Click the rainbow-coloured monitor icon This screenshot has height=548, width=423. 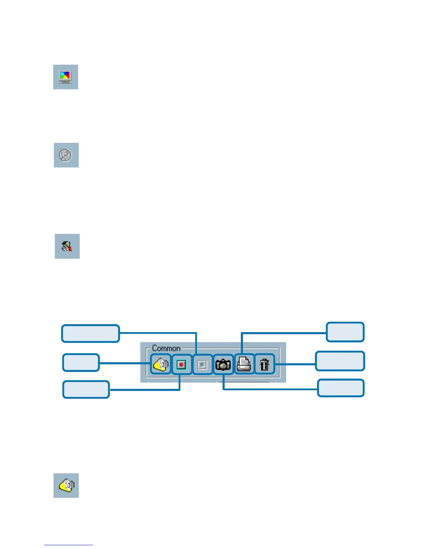pos(65,77)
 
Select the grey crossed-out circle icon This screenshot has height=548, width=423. pos(66,155)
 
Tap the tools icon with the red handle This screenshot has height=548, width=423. pos(67,246)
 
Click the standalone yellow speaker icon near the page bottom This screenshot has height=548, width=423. pos(66,485)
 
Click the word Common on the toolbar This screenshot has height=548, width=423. pos(166,348)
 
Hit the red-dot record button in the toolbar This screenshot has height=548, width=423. pos(181,364)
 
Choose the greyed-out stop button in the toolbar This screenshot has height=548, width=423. pos(203,364)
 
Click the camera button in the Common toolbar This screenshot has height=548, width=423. pos(223,364)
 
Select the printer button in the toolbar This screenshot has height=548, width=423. pos(244,364)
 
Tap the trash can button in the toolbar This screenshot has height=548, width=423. pos(265,364)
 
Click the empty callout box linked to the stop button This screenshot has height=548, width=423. pos(91,334)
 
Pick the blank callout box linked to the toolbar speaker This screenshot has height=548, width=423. pos(81,363)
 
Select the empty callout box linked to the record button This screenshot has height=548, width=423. pos(86,390)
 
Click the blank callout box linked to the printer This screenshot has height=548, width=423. pos(345,332)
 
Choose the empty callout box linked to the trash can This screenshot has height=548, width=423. pos(340,361)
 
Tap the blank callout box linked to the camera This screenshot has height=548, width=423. pos(341,388)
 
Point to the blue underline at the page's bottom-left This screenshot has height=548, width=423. pos(68,545)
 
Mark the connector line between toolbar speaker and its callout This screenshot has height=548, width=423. pos(124,363)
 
